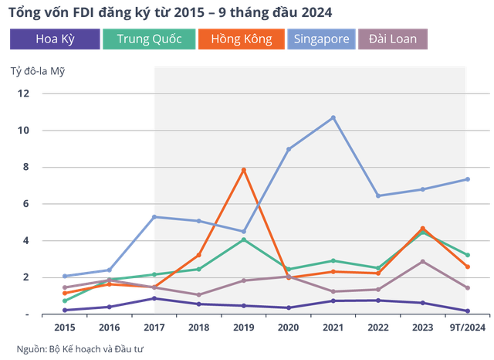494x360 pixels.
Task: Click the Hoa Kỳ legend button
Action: [55, 39]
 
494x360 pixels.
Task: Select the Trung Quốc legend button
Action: [148, 39]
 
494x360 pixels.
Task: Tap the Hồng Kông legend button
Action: [241, 39]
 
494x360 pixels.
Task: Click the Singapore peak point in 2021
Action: [333, 117]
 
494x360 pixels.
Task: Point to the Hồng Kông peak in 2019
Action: [244, 170]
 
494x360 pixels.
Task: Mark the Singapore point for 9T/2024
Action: [469, 179]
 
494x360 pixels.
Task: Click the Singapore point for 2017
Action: [154, 217]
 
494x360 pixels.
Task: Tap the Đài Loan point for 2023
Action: [423, 262]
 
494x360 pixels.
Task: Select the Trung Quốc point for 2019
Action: [244, 239]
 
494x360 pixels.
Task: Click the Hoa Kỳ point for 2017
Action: [154, 298]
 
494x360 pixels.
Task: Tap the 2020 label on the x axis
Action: [289, 328]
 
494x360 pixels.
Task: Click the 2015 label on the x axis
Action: [64, 328]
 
